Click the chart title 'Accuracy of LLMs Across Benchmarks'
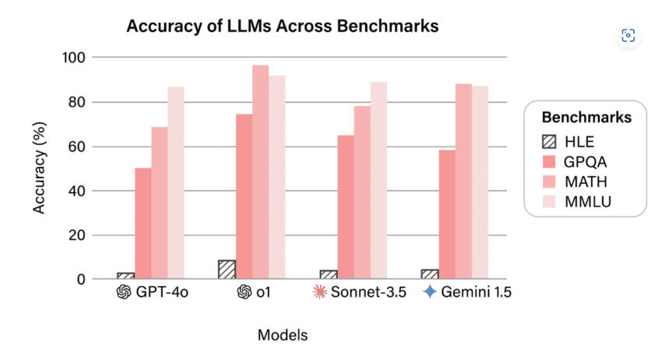283,26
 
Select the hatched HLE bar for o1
227,270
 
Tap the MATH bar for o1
260,171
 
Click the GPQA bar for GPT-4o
143,223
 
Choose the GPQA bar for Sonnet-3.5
345,206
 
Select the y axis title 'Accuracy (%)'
40,168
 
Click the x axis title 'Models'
282,335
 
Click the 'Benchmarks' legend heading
586,118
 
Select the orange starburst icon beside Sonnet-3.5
317,292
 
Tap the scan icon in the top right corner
628,35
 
